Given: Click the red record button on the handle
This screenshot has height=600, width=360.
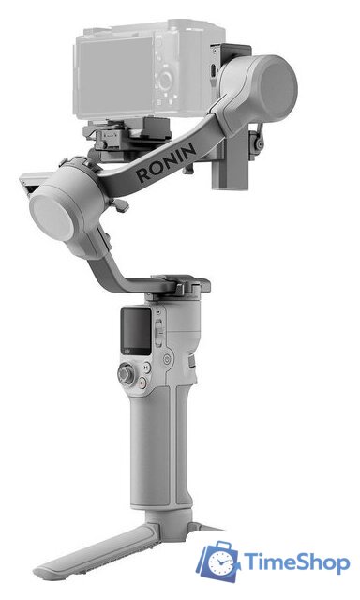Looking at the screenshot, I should [141, 382].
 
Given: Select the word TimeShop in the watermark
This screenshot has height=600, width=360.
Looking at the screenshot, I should [296, 562].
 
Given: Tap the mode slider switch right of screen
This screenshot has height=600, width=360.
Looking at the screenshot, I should [158, 328].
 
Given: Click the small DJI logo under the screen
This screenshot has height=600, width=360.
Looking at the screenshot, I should [133, 356].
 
